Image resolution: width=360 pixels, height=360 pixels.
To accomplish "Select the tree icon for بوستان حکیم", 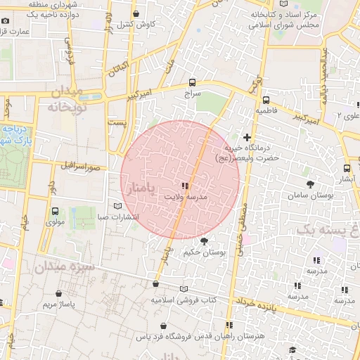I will pos(205,241).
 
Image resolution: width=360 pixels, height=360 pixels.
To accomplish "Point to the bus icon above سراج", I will pos(193,82).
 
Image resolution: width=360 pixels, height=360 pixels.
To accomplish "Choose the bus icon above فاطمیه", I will pos(266,100).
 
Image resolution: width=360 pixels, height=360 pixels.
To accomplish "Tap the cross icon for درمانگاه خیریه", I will pos(247,136).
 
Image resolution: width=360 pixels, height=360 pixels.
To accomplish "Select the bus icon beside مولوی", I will pos(56,211).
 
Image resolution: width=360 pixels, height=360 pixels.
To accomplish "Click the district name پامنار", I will pos(143,186).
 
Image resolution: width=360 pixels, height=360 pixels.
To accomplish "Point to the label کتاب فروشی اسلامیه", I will pos(184,300).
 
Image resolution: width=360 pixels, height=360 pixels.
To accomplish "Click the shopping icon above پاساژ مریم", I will pos(58,293).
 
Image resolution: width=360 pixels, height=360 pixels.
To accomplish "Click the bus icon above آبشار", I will pos(347,168).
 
